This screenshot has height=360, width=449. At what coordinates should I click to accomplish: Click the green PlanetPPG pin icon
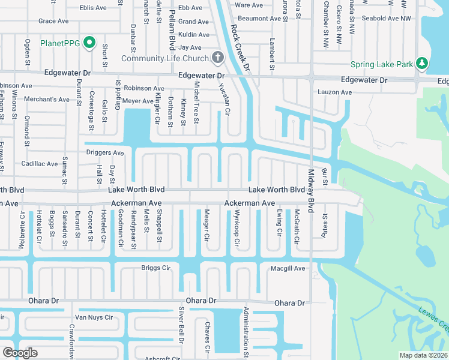[x=89, y=43]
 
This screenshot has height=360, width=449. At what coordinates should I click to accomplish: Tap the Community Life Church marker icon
[x=217, y=58]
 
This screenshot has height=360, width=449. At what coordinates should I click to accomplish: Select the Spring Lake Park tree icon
[x=421, y=64]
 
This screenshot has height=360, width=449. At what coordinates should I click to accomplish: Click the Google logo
[x=20, y=352]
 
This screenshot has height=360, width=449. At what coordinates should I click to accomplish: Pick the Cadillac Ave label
[x=40, y=163]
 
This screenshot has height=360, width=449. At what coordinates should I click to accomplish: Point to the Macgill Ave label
[x=288, y=268]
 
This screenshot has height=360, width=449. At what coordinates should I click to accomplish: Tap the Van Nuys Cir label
[x=93, y=317]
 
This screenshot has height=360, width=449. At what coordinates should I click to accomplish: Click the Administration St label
[x=246, y=332]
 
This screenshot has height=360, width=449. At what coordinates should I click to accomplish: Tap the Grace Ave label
[x=53, y=21]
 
